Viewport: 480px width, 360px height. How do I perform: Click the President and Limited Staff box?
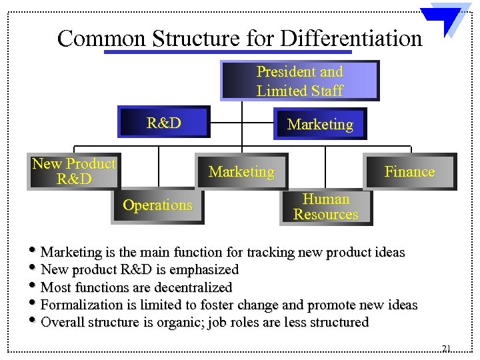(299, 81)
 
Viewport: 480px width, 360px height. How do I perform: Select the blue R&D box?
(164, 122)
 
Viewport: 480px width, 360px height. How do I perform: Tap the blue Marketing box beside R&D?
(320, 124)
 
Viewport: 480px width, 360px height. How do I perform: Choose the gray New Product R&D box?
(74, 171)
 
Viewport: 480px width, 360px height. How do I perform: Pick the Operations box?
(157, 205)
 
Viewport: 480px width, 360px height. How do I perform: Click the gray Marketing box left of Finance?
(241, 172)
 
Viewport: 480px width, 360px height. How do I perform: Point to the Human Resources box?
(325, 207)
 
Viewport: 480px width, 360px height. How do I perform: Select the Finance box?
(409, 172)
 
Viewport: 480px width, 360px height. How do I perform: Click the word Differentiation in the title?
(351, 38)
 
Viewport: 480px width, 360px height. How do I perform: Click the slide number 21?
(446, 348)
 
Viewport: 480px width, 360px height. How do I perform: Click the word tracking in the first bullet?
(271, 253)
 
